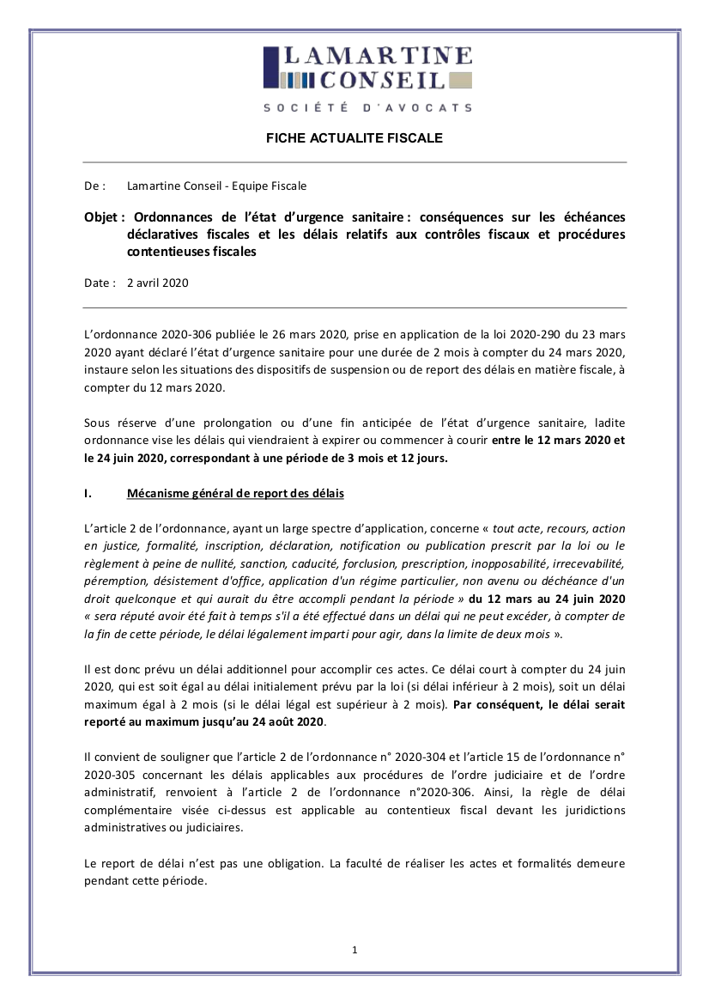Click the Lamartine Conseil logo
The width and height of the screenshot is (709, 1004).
coord(367,69)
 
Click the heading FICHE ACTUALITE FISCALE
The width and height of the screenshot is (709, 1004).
coord(354,137)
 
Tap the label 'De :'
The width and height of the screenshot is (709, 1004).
coord(94,186)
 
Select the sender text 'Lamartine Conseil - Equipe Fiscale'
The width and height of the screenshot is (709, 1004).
coord(216,186)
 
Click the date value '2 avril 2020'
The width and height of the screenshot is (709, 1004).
coord(158,283)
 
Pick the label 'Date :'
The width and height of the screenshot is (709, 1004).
coord(99,283)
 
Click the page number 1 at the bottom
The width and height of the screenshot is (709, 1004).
coord(354,949)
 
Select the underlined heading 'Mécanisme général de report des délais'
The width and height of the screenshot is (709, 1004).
coord(235,494)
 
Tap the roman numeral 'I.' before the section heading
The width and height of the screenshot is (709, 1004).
coord(88,494)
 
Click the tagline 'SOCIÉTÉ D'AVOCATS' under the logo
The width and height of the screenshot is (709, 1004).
coord(367,108)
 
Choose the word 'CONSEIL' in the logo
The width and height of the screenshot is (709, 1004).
coord(383,81)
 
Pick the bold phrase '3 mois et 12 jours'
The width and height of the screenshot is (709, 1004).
coord(397,458)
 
